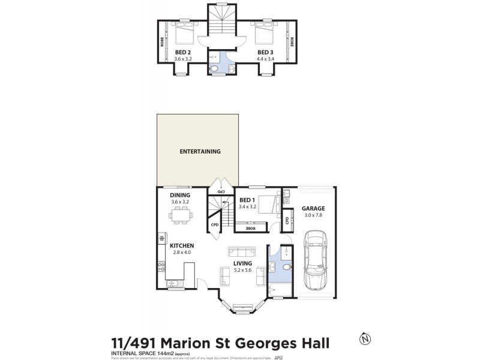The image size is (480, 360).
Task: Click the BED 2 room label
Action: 182,52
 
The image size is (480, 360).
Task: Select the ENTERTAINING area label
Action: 200,152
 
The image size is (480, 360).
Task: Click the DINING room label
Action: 179,195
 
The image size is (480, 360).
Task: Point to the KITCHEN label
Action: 181,246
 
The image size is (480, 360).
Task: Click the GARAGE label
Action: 313,209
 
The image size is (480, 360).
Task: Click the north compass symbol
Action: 364,340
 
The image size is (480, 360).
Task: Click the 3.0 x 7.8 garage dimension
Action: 313,216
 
